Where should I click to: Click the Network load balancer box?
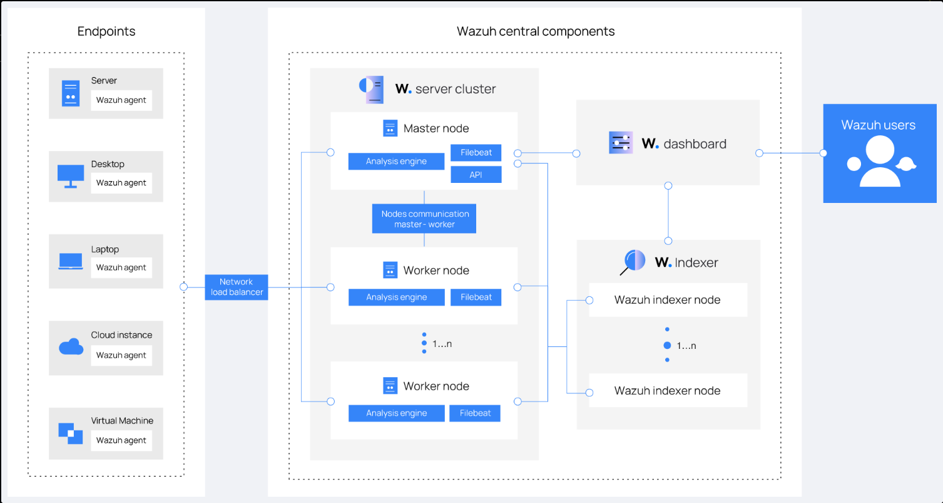click(236, 287)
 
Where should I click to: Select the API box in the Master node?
click(476, 174)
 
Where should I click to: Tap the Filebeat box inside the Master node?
click(476, 152)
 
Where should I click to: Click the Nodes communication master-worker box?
click(424, 219)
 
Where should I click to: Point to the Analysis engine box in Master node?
click(396, 162)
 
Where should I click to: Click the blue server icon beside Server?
click(71, 93)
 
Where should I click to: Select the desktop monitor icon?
click(70, 176)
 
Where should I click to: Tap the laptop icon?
click(70, 261)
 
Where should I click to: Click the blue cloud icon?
click(71, 346)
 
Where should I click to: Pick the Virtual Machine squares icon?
click(70, 433)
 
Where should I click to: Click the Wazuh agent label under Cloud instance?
click(121, 355)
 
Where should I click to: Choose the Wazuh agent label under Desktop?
click(121, 183)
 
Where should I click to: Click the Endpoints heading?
click(106, 31)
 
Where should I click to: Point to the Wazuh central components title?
click(536, 31)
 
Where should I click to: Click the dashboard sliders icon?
click(621, 142)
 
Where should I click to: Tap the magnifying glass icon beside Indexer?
click(633, 262)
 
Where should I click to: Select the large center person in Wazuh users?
click(880, 162)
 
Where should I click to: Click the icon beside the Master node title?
click(390, 128)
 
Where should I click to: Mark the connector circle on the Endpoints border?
click(183, 287)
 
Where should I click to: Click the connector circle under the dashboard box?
click(668, 186)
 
